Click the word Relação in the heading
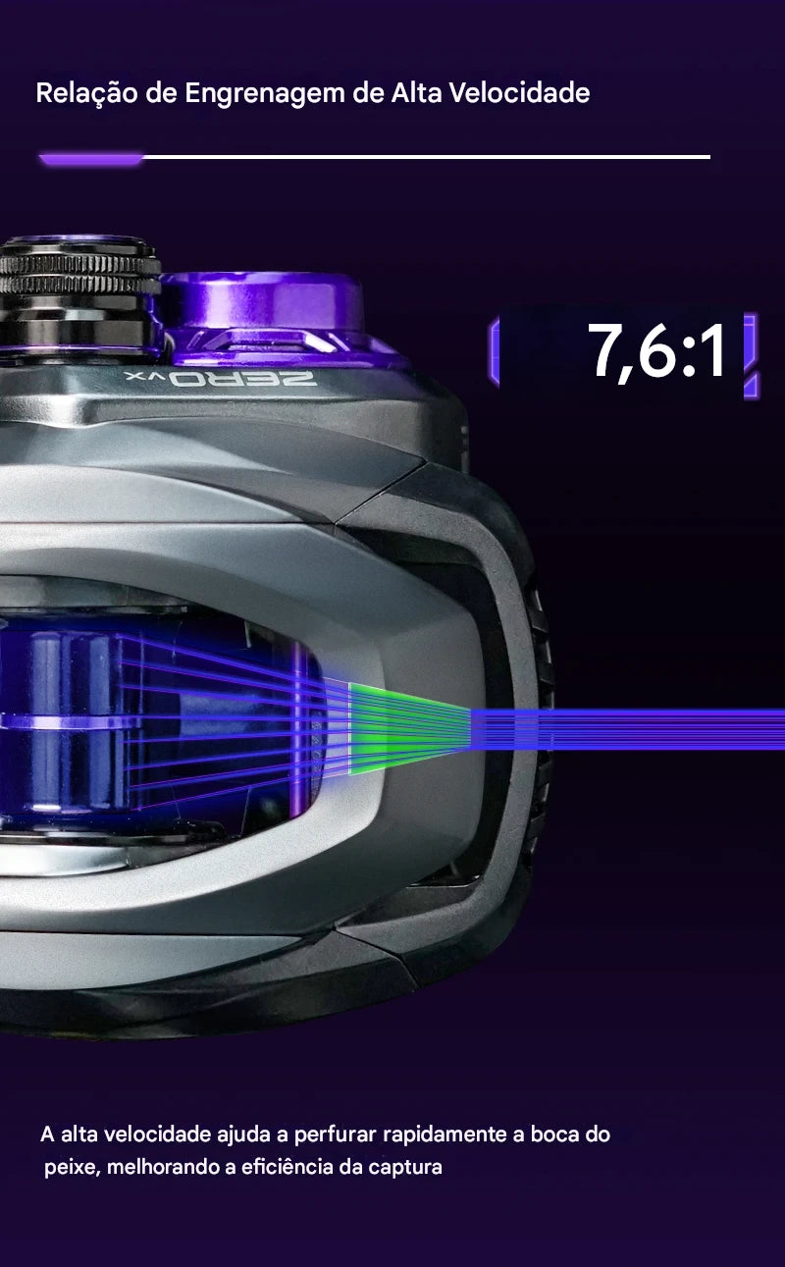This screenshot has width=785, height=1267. [86, 93]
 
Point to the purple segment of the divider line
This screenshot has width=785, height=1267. [91, 159]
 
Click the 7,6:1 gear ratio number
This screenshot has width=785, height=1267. [656, 350]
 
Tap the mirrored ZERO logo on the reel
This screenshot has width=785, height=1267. [221, 379]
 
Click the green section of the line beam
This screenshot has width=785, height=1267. [404, 728]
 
